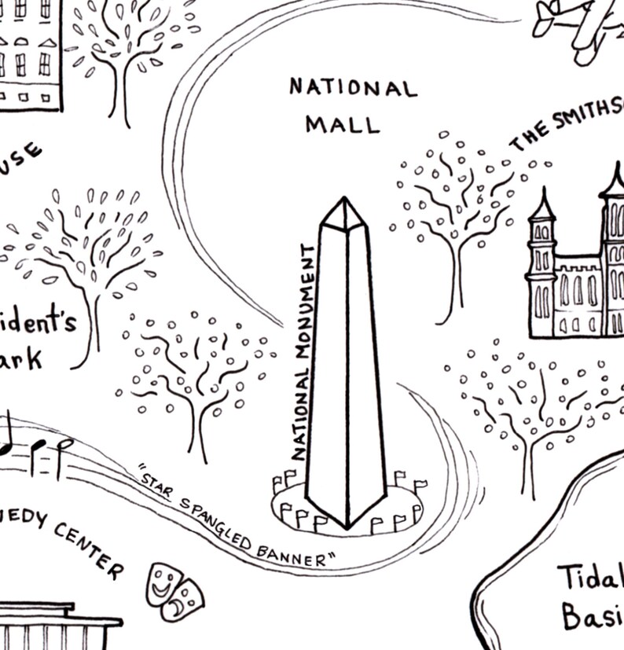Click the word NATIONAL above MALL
pyautogui.click(x=353, y=87)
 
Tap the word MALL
pyautogui.click(x=343, y=123)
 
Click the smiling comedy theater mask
pyautogui.click(x=164, y=582)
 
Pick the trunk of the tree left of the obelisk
pyautogui.click(x=200, y=428)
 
